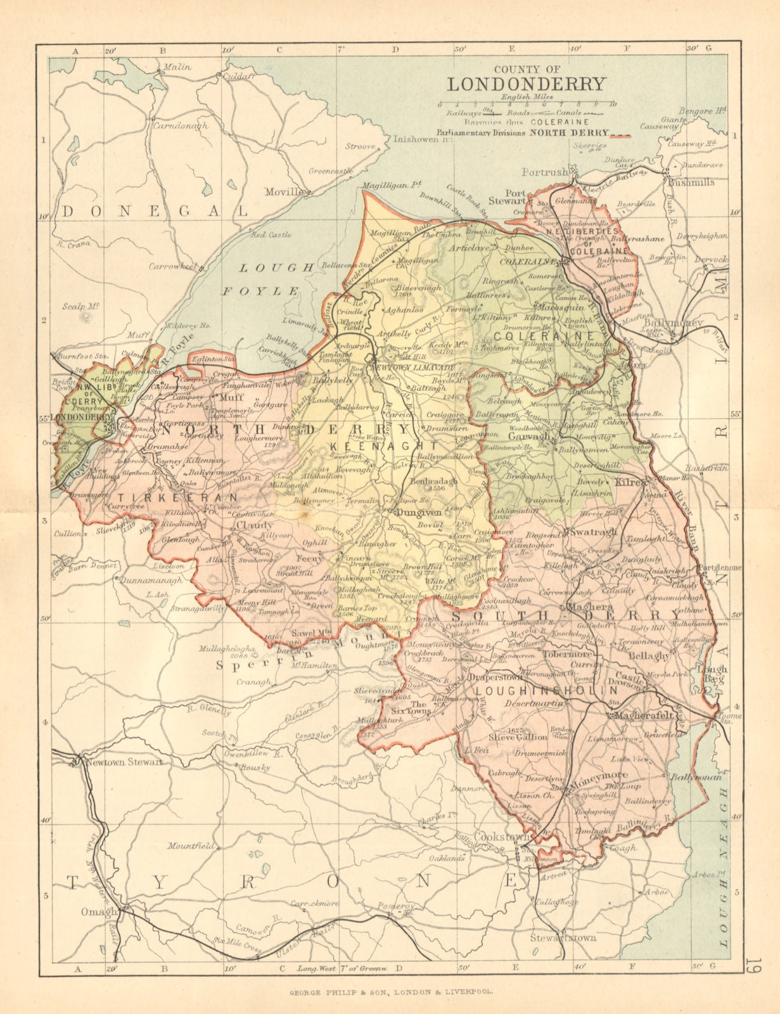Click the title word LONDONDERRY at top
click(527, 84)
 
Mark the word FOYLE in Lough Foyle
click(260, 291)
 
